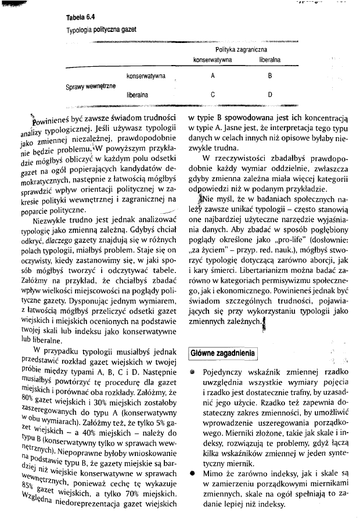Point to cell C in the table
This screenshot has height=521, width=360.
pos(213,94)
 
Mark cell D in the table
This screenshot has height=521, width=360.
pos(270,94)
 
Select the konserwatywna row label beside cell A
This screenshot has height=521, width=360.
pos(146,76)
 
